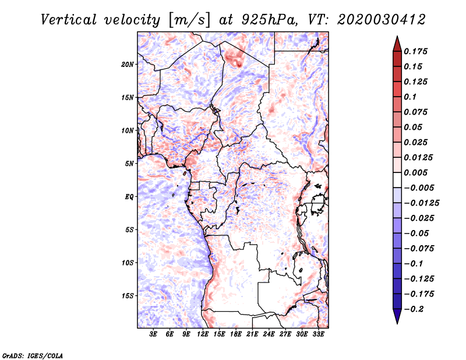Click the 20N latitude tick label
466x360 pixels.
click(128, 64)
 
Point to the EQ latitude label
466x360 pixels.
click(129, 196)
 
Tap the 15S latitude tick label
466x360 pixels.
click(128, 295)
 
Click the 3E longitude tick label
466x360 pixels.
click(154, 334)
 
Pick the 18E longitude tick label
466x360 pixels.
click(236, 334)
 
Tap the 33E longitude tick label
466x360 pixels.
click(318, 334)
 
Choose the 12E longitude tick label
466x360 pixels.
click(203, 334)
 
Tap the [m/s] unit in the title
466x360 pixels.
click(189, 19)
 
